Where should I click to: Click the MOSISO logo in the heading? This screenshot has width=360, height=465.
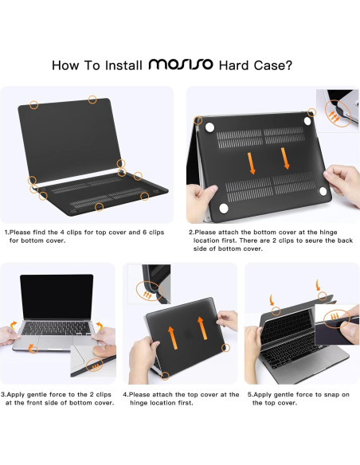181,64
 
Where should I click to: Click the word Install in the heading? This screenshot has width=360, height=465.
123,65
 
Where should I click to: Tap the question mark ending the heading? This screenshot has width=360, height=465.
288,65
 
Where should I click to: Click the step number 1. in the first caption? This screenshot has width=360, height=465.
7,232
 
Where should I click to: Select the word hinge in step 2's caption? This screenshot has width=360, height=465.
328,232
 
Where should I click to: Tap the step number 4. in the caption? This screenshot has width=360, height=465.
126,395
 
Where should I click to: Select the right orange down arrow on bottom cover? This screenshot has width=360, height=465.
285,158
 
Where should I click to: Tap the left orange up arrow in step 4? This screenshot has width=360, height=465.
173,338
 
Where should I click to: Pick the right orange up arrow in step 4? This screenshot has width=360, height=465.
202,328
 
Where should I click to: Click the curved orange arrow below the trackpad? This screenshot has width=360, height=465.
33,348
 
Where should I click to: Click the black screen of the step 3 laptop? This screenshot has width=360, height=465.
57,297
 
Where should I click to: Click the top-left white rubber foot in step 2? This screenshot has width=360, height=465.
210,127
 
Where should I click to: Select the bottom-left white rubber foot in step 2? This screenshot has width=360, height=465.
224,208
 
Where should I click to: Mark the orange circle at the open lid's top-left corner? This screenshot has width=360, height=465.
34,104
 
